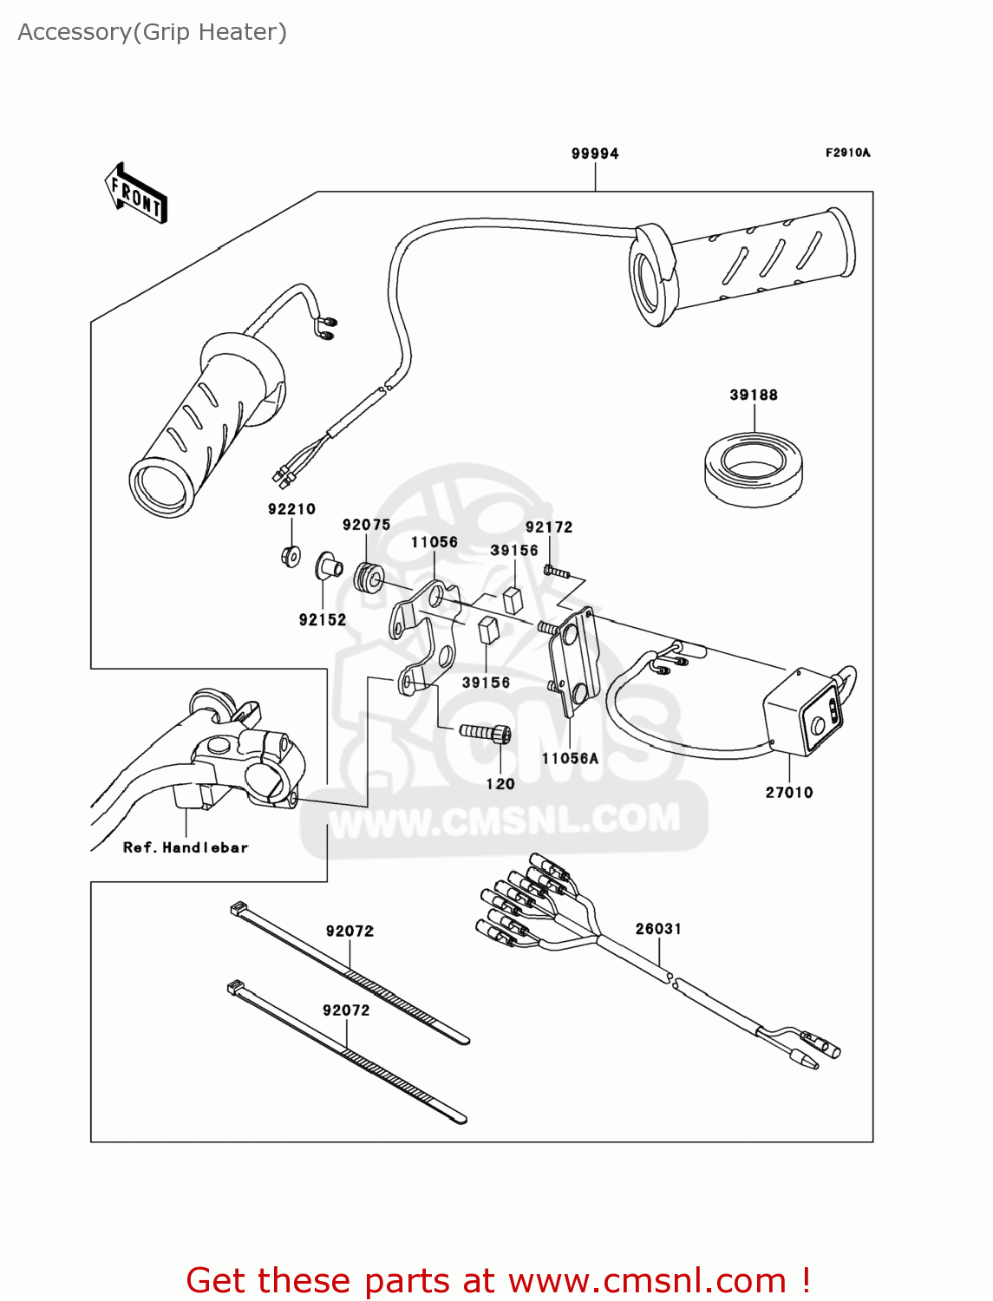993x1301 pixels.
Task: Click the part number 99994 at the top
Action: (x=595, y=154)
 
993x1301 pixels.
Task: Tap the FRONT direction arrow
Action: (x=135, y=194)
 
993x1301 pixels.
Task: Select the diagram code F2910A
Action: (x=847, y=153)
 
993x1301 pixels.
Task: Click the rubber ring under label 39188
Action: (x=753, y=469)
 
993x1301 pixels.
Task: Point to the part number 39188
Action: (x=754, y=395)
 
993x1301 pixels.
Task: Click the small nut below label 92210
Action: (x=291, y=555)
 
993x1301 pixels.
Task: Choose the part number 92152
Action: (x=323, y=619)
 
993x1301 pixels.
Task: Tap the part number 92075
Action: (x=366, y=525)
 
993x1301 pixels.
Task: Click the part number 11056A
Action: (x=570, y=758)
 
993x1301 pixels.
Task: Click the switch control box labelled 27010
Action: (x=803, y=711)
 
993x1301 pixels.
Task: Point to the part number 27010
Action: (x=789, y=792)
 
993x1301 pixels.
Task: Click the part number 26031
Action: (x=658, y=929)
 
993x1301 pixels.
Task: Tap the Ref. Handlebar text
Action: (x=186, y=847)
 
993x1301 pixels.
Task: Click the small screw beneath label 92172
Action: (x=556, y=572)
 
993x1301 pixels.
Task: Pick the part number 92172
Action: (x=549, y=526)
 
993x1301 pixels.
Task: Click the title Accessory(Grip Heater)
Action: (x=153, y=32)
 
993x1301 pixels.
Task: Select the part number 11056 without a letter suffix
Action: (x=434, y=542)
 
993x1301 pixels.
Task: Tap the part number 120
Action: (x=500, y=784)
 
